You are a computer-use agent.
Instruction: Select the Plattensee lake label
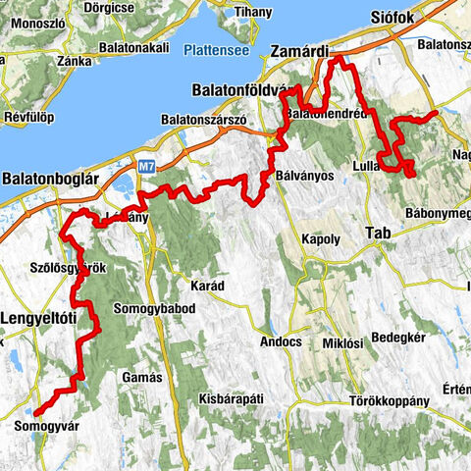tap(215, 48)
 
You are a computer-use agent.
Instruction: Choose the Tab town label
tap(377, 233)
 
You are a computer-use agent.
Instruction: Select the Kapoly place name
tap(321, 239)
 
